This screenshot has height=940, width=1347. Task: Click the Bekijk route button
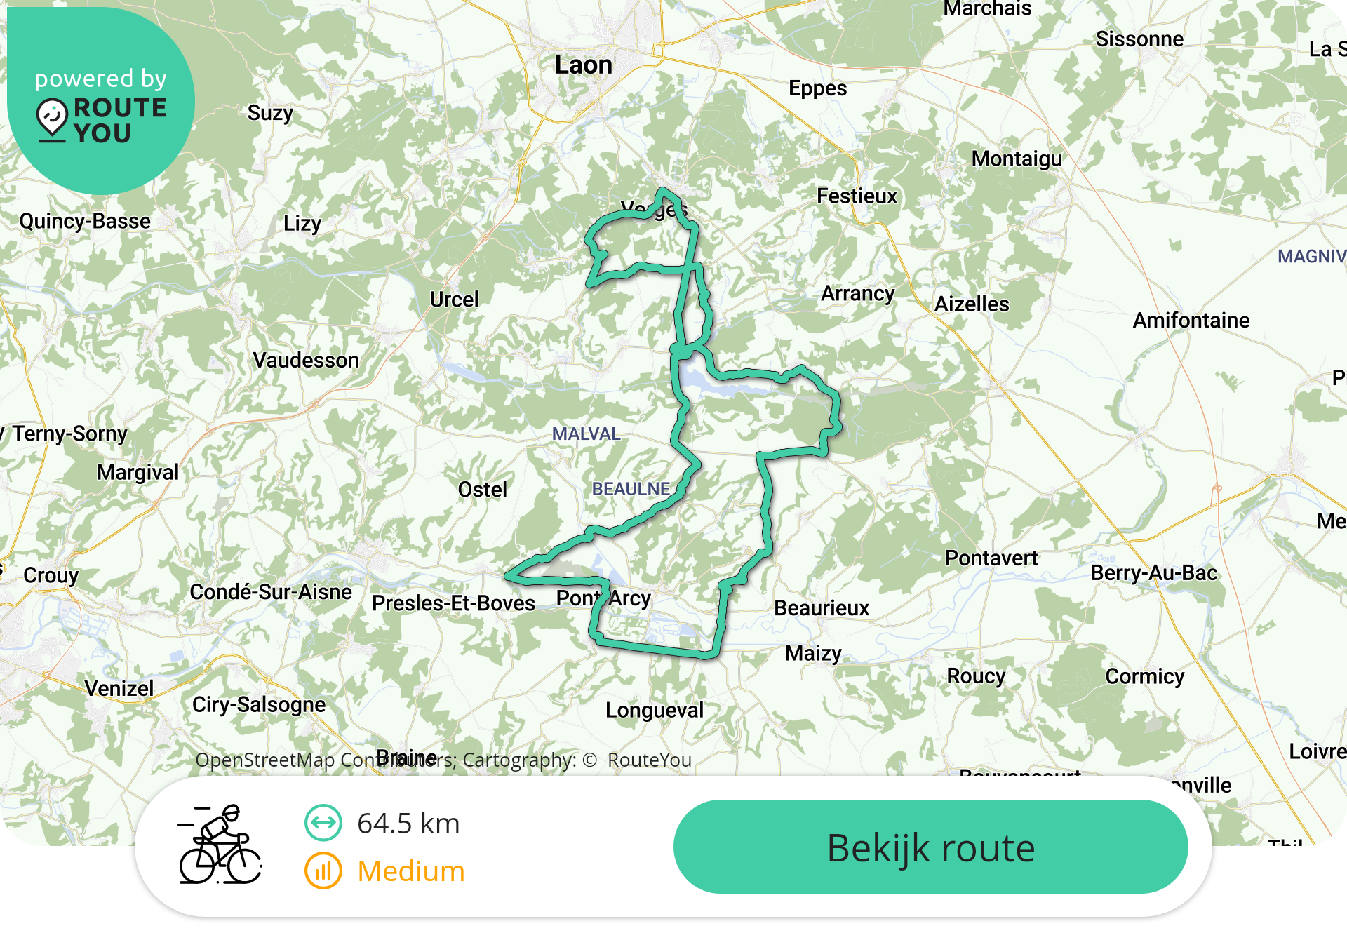click(930, 847)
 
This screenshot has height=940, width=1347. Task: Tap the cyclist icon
click(220, 845)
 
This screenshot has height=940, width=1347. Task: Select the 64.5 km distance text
click(408, 824)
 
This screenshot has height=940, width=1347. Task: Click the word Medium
click(411, 871)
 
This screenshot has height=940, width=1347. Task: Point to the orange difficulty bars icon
click(323, 871)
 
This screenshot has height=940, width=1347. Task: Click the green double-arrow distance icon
click(323, 823)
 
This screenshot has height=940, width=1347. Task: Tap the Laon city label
click(583, 65)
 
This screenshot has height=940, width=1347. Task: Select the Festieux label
click(857, 196)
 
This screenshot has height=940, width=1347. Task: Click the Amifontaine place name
click(1191, 321)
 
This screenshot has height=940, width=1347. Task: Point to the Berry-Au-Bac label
click(1153, 573)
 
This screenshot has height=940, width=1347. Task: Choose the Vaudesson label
click(306, 361)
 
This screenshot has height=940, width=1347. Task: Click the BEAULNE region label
click(631, 489)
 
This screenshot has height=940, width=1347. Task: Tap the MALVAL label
click(586, 434)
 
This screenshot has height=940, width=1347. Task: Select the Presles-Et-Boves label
click(453, 603)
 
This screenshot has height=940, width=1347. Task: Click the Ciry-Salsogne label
click(259, 704)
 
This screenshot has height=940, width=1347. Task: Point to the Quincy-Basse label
click(85, 222)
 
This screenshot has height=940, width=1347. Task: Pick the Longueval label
click(654, 710)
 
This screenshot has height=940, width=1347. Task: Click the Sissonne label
click(1139, 39)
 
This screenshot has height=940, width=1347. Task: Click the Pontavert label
click(991, 558)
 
